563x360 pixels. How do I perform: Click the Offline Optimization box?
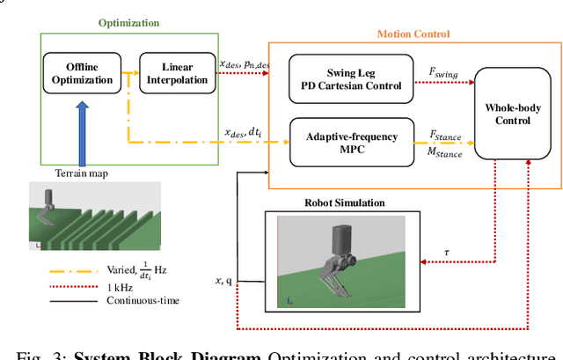point(82,73)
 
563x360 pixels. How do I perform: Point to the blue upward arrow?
point(82,131)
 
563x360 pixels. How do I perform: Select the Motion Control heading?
point(413,34)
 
